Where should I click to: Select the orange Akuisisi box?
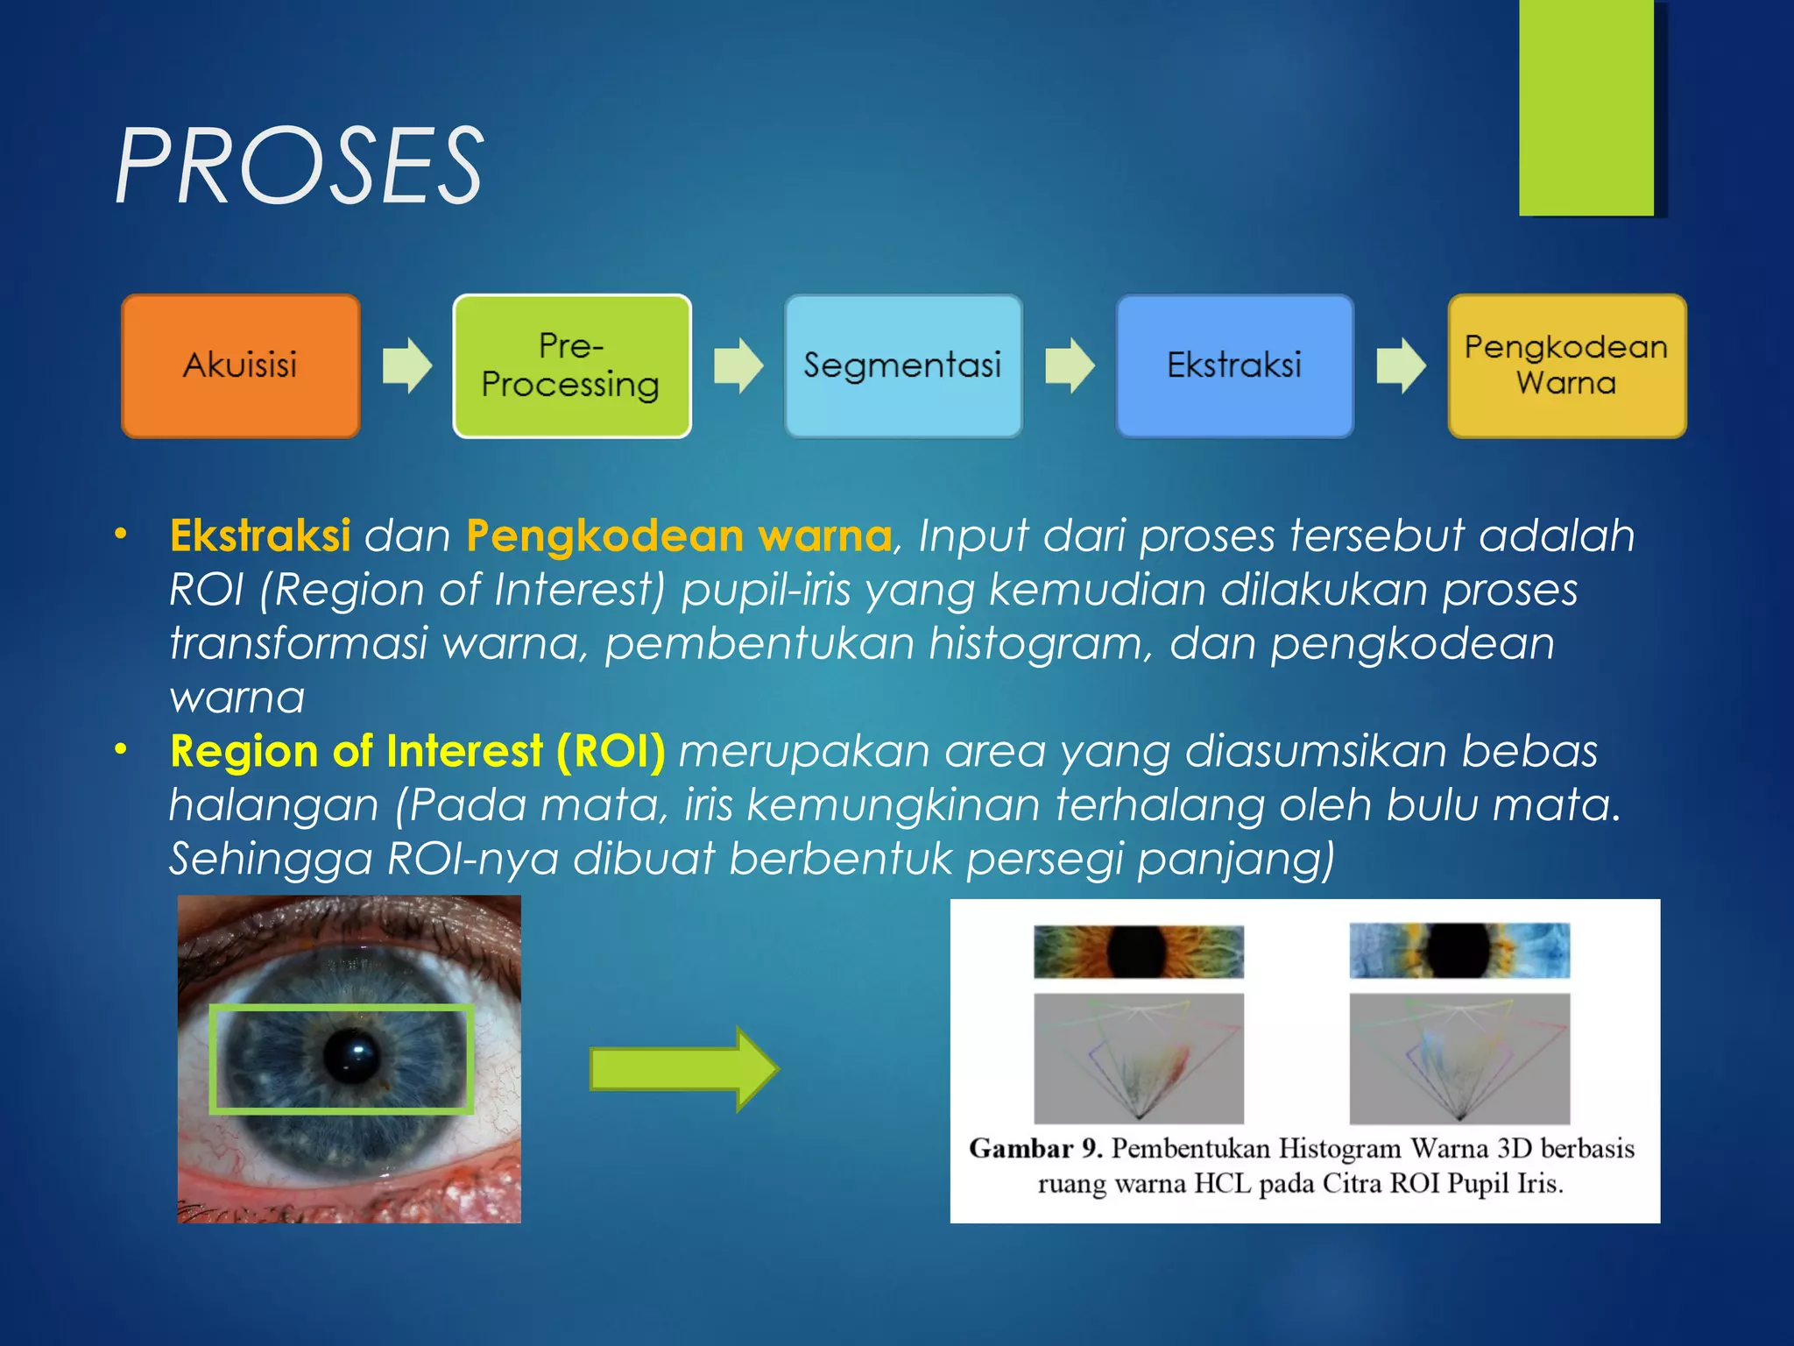[240, 366]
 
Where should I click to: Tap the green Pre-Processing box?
[571, 366]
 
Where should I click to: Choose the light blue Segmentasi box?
[903, 366]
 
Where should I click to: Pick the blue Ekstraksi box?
[1234, 366]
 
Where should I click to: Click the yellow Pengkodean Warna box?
[1566, 366]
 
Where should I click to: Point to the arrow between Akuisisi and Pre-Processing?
[406, 365]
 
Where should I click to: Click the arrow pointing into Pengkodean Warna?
[1401, 365]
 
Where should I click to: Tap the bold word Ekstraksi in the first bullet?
[260, 535]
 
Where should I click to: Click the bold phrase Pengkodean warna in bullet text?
[679, 535]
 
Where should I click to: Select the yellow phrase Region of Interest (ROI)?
[418, 752]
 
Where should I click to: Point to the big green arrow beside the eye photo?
[684, 1069]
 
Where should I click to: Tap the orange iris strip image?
[1138, 952]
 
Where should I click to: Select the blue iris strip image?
[1459, 951]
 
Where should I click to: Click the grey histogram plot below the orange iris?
[1138, 1058]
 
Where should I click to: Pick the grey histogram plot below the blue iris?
[1459, 1058]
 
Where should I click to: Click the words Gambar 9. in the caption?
[1035, 1148]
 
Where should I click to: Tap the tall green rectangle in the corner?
[1586, 107]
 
